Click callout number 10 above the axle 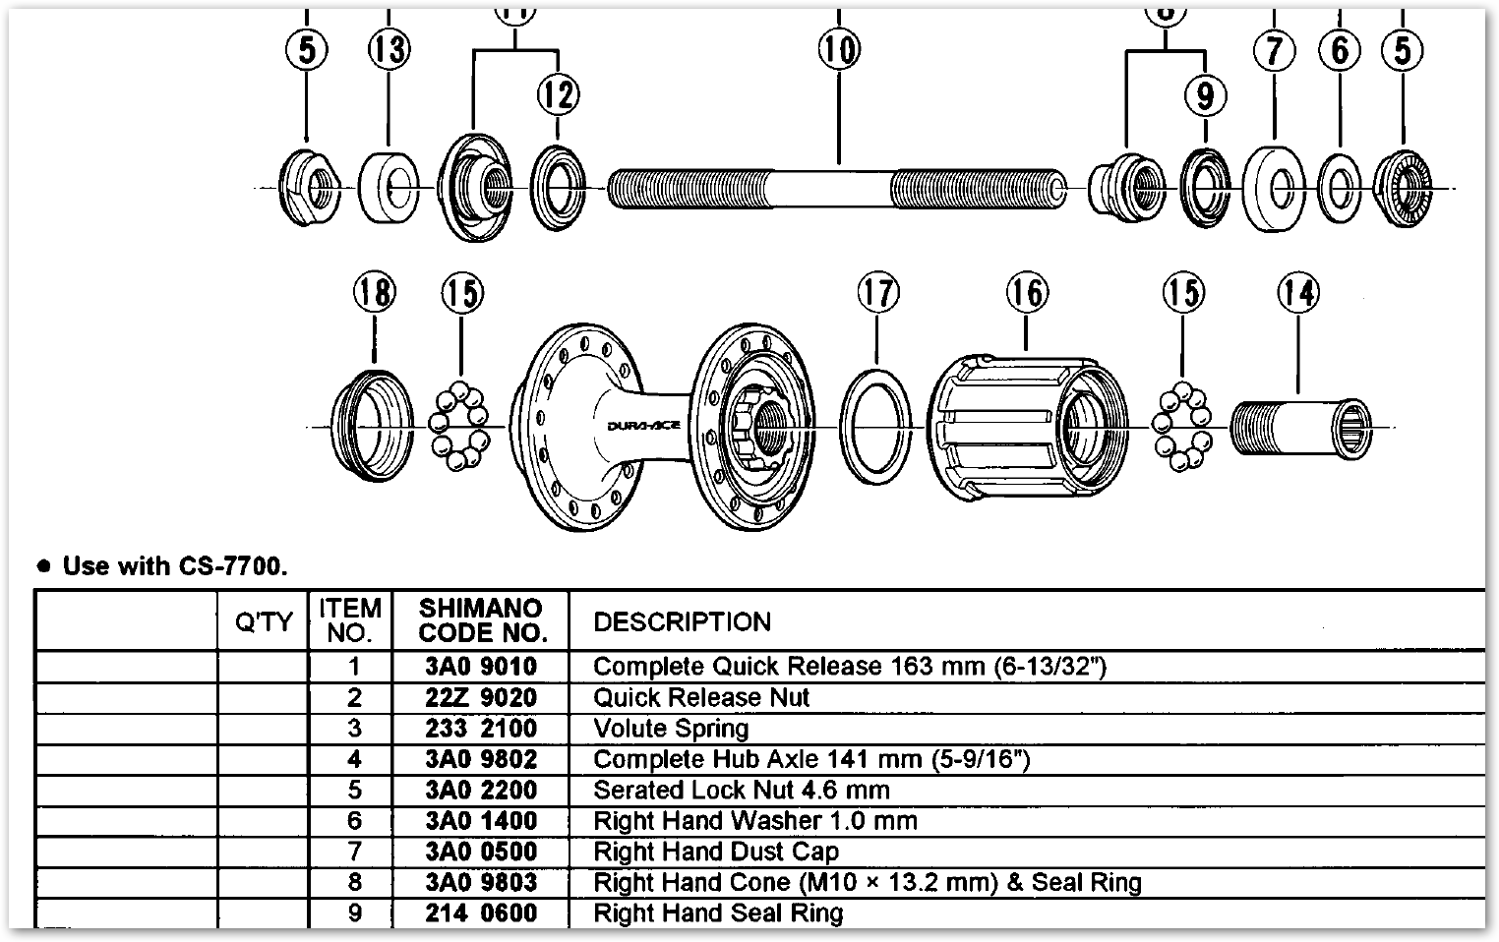(838, 48)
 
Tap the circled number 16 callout (1027, 292)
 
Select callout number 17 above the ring (877, 292)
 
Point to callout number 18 (374, 292)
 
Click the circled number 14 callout (1297, 292)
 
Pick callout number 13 (389, 48)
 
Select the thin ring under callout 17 (875, 428)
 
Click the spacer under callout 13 (389, 187)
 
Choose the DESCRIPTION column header (682, 621)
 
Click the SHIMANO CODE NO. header (481, 620)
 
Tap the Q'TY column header (264, 621)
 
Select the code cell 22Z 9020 (481, 698)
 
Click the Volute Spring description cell (671, 729)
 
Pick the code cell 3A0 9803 (481, 883)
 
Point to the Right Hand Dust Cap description (716, 852)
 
